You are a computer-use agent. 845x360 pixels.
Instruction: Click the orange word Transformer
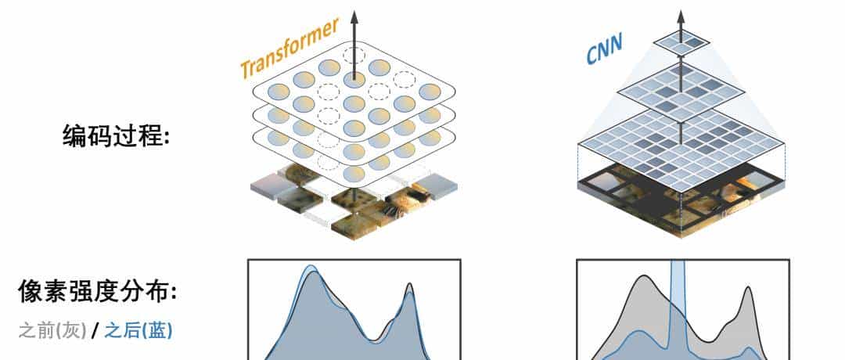[x=289, y=49]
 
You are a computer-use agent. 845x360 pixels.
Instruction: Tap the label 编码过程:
[x=116, y=136]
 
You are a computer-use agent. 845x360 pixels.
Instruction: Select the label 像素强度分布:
[x=98, y=293]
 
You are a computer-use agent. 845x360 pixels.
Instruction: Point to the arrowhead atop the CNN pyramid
[x=680, y=16]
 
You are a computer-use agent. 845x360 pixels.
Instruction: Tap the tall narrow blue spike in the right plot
[x=678, y=297]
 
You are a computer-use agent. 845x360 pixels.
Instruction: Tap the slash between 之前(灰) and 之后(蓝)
[x=94, y=330]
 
